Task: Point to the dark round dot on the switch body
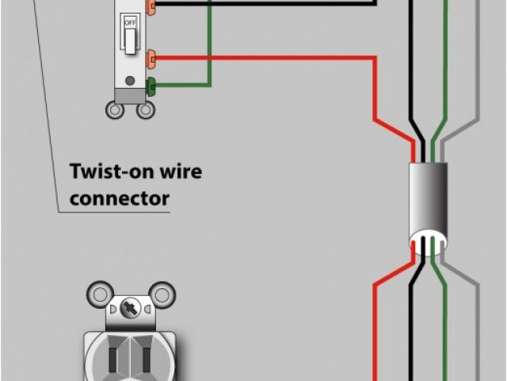130,79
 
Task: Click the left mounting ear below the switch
116,111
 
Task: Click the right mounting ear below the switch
145,111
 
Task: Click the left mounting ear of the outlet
97,294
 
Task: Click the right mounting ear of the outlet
162,294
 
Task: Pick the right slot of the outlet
146,354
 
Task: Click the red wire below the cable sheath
378,317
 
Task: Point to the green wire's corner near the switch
210,83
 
